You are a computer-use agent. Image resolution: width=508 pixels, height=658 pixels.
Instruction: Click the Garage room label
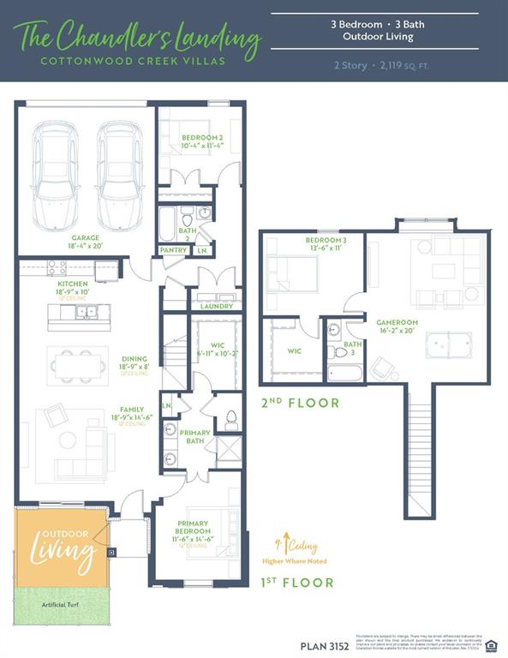pos(86,238)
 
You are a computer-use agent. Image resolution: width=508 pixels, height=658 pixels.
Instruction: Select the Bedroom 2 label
pos(201,137)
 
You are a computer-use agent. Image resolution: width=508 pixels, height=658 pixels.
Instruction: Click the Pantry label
pos(174,250)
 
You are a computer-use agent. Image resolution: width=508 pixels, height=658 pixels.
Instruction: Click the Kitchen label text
pos(73,283)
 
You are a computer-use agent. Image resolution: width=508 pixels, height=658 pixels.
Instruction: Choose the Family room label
pos(133,410)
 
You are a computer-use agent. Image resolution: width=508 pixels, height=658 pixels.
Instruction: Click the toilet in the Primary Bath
pos(230,421)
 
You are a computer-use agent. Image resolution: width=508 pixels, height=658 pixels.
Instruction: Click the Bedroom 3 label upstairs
pos(326,241)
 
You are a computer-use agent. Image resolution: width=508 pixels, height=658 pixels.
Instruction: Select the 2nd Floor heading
pos(300,403)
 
